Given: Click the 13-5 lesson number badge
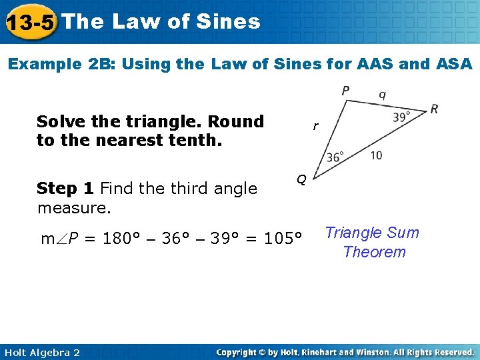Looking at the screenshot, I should (29, 23).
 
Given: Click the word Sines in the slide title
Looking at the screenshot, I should (229, 21).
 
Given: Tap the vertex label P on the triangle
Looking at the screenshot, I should (345, 91).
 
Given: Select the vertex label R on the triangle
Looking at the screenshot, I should (434, 109).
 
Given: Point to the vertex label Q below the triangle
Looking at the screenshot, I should (301, 179).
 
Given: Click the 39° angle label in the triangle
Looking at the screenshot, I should (401, 117).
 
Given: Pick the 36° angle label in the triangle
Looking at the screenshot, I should (335, 157).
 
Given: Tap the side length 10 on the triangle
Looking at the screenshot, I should (376, 155).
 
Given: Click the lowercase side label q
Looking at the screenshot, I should (382, 94).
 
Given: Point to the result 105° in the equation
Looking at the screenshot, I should (283, 238).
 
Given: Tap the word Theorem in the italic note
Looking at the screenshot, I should (374, 252).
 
